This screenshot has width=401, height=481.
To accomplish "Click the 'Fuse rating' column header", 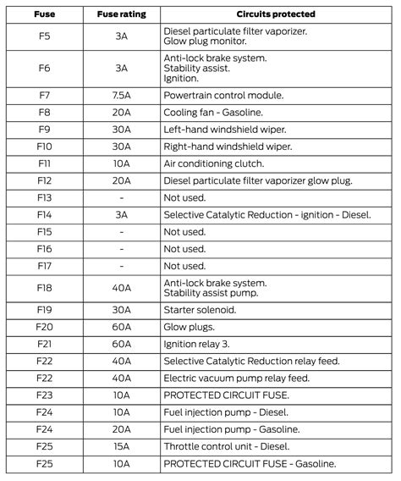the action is tap(122, 14).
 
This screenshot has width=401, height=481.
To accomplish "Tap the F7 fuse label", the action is tap(46, 95).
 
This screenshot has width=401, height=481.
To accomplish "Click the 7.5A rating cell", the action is tap(122, 95).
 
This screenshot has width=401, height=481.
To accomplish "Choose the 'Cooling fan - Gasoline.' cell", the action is tap(217, 112).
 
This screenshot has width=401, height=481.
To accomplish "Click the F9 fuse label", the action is tap(46, 129).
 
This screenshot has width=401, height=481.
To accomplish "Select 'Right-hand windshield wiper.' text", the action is tap(226, 146).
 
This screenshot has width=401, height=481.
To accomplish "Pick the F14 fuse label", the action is tap(46, 214).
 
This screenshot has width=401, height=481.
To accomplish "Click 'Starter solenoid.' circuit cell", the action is tap(201, 310).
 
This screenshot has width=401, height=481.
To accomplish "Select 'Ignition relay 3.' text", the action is tap(198, 344).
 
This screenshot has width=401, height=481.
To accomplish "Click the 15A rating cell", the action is tap(122, 446).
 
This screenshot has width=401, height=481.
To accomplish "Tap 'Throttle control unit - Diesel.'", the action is tap(233, 446).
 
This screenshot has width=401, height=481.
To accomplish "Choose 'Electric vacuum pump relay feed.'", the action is tap(236, 378).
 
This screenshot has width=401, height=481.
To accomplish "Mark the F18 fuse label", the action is tap(46, 288).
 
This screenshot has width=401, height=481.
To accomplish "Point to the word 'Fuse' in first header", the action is tap(46, 14).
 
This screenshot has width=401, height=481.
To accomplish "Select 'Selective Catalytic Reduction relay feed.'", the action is tap(251, 361).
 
